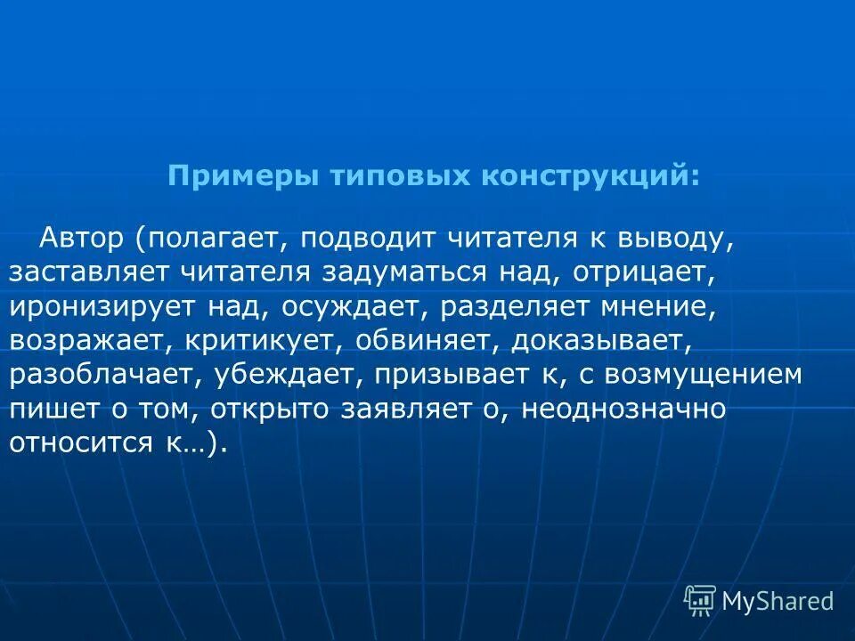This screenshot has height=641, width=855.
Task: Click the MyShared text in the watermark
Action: tap(778, 601)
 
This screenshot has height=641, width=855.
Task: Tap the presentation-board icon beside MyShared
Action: tap(700, 601)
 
